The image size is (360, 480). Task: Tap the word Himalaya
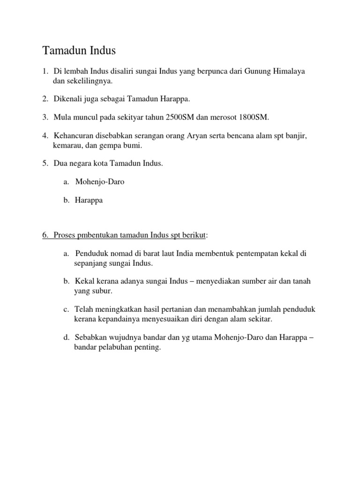click(x=290, y=71)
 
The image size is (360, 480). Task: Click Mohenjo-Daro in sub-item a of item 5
click(x=99, y=181)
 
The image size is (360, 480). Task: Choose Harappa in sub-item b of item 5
click(x=89, y=200)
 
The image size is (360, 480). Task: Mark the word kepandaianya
click(x=117, y=319)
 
